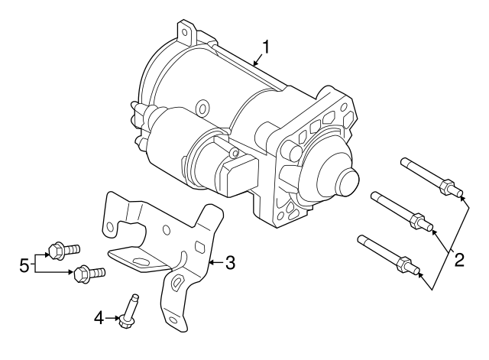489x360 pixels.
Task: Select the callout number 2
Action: click(x=458, y=259)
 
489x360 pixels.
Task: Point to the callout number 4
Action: click(x=99, y=316)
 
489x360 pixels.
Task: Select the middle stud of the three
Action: click(x=399, y=210)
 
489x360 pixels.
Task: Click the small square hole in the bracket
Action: click(x=200, y=245)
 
